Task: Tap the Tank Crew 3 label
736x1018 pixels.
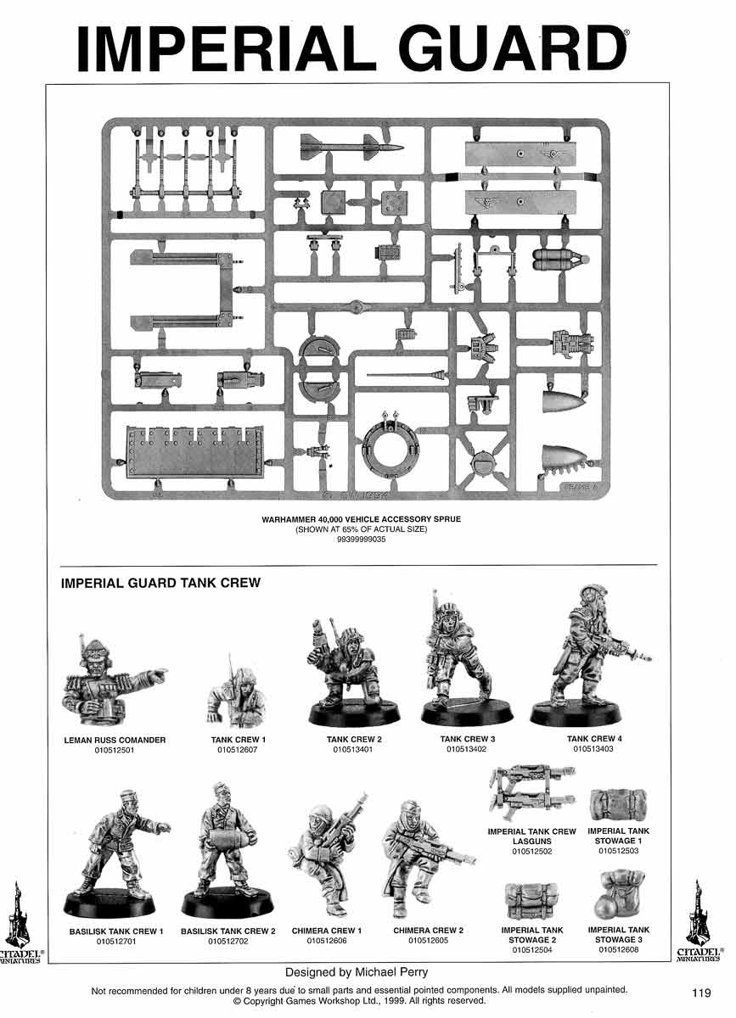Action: coord(467,739)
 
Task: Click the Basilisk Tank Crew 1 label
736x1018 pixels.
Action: coord(116,931)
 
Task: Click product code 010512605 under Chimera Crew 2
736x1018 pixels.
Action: coord(428,941)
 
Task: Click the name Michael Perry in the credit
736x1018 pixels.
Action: coord(398,972)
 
